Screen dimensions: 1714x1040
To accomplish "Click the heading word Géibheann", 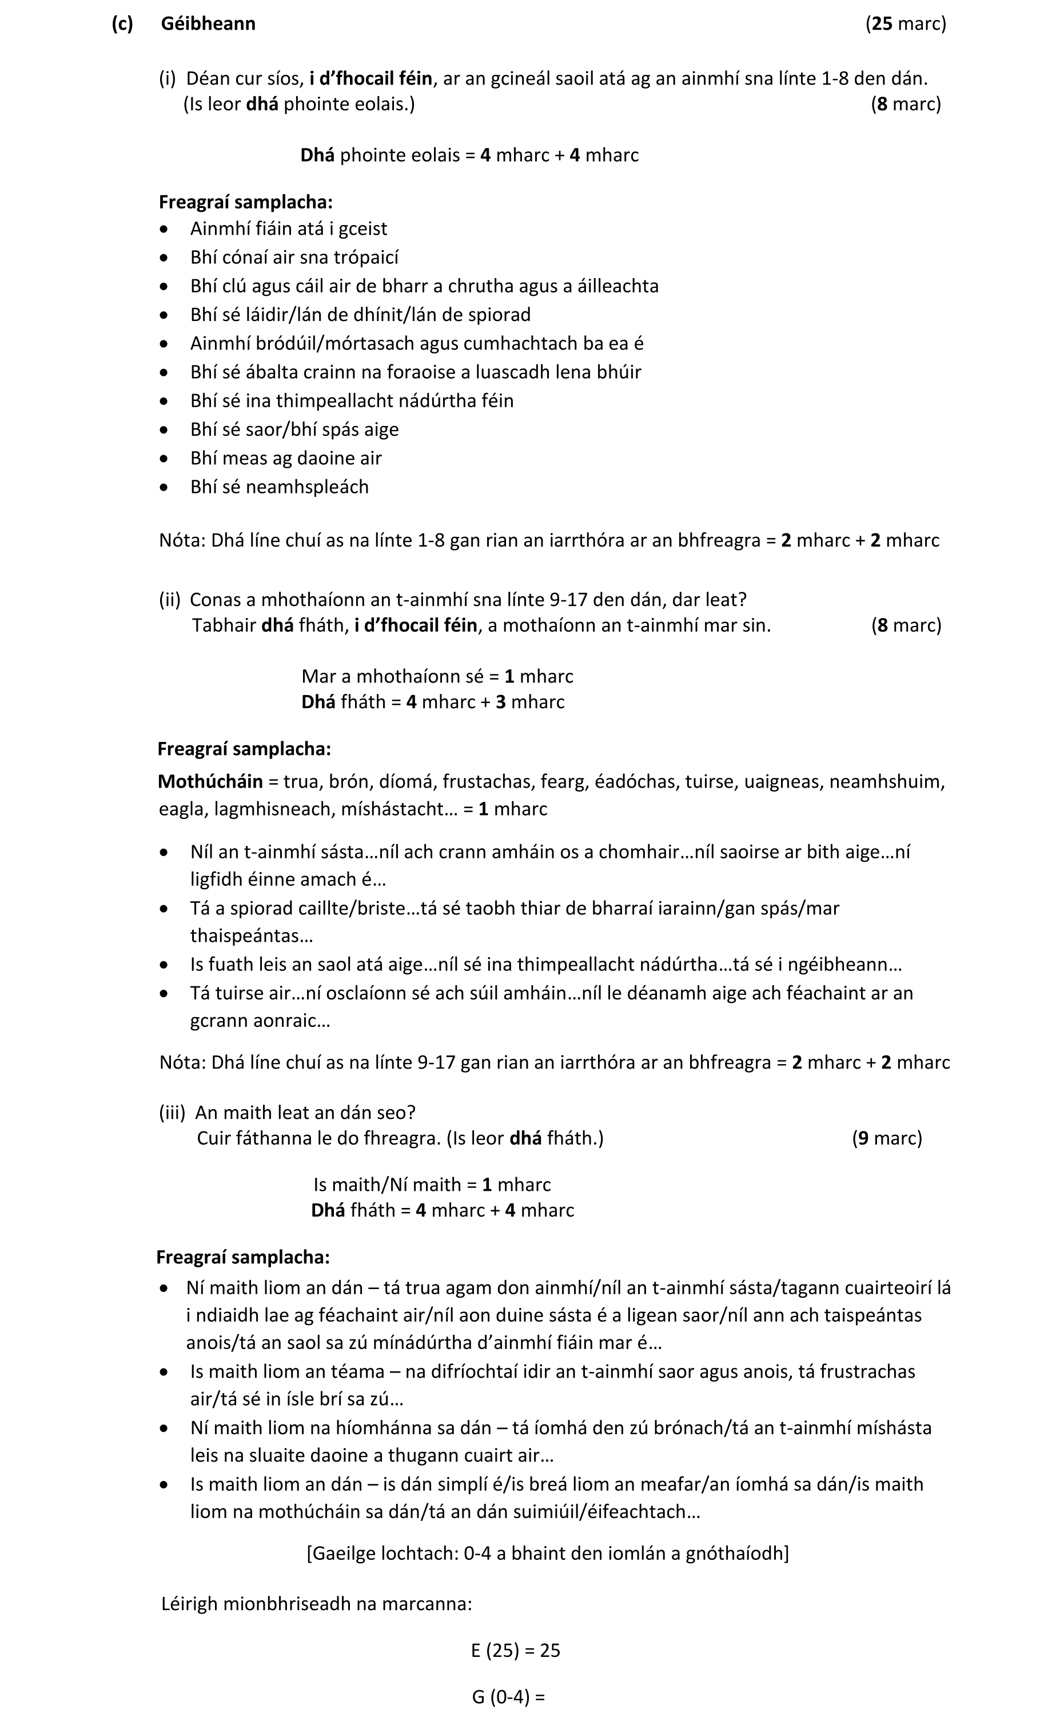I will pyautogui.click(x=208, y=23).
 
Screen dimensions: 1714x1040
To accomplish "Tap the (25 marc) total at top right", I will pyautogui.click(x=905, y=23).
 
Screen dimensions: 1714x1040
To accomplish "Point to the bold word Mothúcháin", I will pyautogui.click(x=210, y=781).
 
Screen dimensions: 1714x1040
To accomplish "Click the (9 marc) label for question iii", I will pyautogui.click(x=886, y=1138).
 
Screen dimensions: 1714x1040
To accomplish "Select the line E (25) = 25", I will pyautogui.click(x=515, y=1650).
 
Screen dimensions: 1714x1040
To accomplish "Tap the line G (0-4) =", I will pyautogui.click(x=508, y=1697).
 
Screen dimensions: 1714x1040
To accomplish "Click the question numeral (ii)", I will pyautogui.click(x=169, y=599).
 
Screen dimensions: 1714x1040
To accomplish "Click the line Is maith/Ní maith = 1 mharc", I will pyautogui.click(x=432, y=1185).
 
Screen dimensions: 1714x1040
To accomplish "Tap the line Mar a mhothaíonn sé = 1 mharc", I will pyautogui.click(x=437, y=676).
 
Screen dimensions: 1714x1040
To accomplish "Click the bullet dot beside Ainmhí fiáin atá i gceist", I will pyautogui.click(x=164, y=229).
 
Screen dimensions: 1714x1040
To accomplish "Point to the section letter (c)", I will pyautogui.click(x=122, y=23).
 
